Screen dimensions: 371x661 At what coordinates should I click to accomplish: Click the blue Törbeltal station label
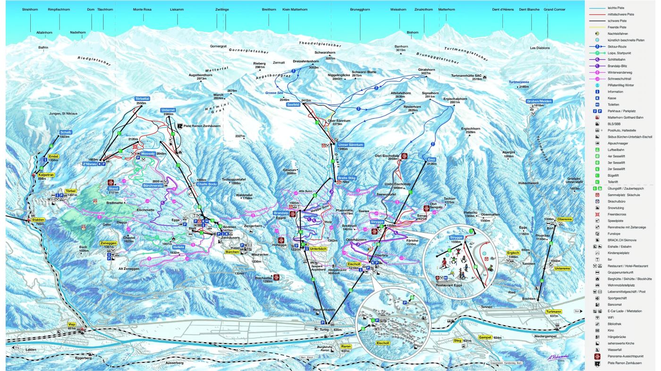point(142,99)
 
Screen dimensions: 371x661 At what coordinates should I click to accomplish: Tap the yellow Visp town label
point(72,324)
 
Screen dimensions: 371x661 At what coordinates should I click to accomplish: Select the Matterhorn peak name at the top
point(447,9)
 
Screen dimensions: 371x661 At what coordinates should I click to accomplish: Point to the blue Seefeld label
point(293,105)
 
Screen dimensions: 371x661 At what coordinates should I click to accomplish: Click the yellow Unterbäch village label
point(319,248)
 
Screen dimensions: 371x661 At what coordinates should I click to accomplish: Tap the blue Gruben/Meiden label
point(539,101)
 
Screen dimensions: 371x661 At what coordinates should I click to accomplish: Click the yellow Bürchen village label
point(232,252)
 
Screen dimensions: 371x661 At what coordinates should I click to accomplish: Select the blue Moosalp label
point(148,154)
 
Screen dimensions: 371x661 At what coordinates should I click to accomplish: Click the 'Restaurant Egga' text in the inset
point(449,285)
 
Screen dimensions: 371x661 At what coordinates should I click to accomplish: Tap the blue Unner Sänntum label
point(350,144)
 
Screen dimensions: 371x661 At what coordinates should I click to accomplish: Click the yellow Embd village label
point(53,156)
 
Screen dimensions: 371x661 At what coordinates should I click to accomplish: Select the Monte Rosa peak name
point(142,9)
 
